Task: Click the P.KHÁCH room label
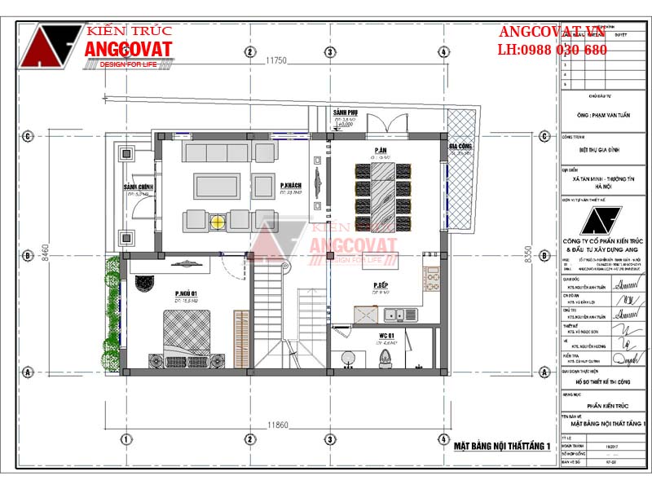tap(291, 185)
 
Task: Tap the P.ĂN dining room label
tap(380, 151)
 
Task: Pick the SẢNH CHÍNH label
tap(139, 187)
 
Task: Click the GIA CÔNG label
tap(461, 147)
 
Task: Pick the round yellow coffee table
tap(218, 219)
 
